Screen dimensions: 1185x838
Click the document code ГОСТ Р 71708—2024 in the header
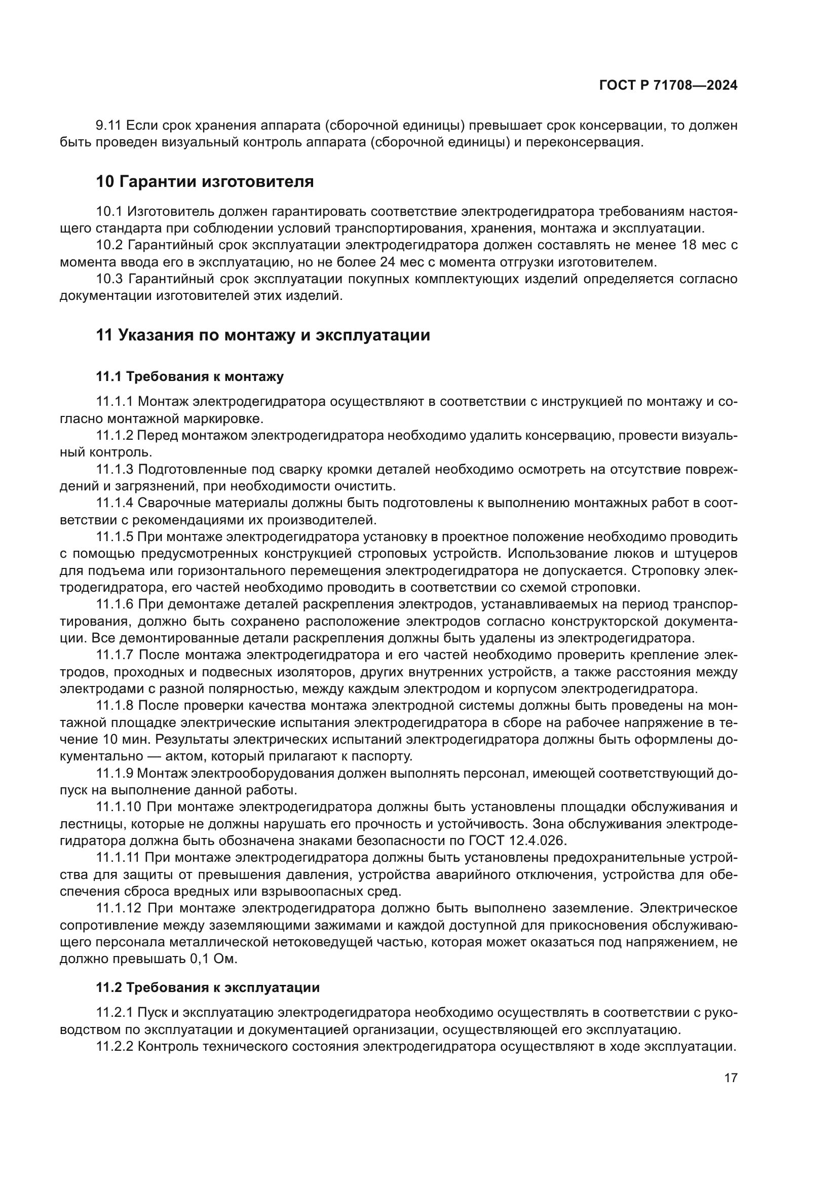[x=668, y=86]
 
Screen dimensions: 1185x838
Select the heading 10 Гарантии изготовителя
[x=205, y=182]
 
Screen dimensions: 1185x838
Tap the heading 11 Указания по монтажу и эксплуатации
[x=262, y=335]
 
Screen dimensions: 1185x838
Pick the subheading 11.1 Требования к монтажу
[x=189, y=377]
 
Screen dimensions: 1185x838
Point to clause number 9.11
[x=108, y=126]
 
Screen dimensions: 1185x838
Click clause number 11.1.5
[x=115, y=537]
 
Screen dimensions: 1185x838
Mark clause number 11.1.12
[x=118, y=908]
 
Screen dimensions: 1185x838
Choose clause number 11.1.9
[x=115, y=773]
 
